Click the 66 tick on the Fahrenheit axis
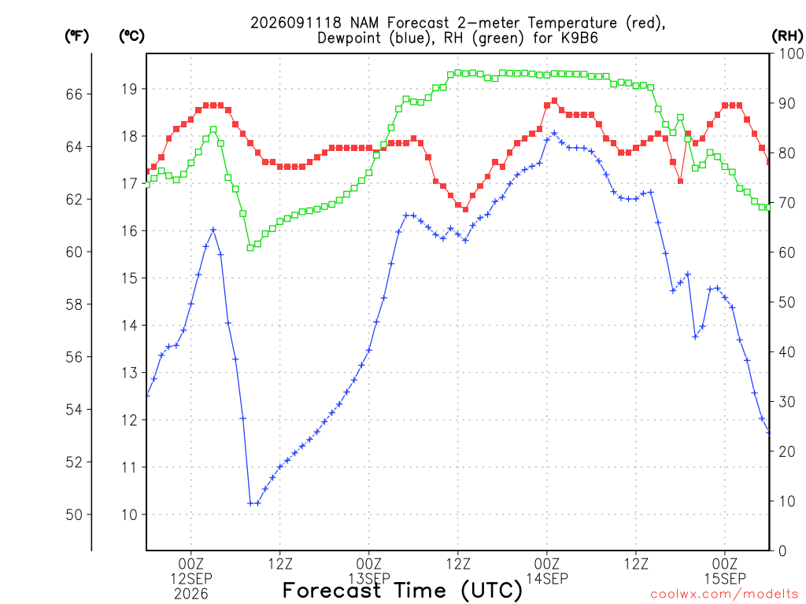[74, 94]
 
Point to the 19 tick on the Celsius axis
[130, 90]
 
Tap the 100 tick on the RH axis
[791, 53]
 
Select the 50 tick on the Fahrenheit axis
[74, 514]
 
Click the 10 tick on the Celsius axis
[130, 514]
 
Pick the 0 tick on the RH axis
[782, 551]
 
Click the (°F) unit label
[76, 36]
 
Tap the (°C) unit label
[131, 36]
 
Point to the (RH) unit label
[787, 36]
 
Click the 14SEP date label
[547, 579]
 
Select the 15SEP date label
[725, 579]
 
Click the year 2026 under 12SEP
[191, 595]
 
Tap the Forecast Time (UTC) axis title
[402, 591]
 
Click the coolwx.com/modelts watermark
[724, 595]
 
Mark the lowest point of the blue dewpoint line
[251, 503]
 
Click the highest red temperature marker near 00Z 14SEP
[554, 101]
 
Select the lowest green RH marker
[250, 248]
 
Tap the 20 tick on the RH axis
[787, 451]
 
